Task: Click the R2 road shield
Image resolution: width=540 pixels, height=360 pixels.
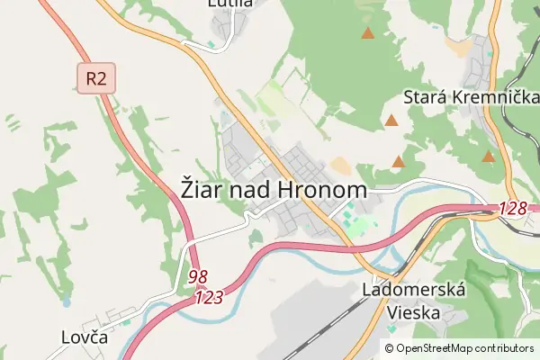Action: [96, 78]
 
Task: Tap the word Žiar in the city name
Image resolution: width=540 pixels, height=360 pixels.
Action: [202, 191]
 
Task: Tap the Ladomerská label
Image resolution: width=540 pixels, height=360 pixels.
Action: [413, 290]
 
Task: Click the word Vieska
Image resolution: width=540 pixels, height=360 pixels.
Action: [413, 312]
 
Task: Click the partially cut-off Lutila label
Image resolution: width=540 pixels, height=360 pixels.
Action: [229, 4]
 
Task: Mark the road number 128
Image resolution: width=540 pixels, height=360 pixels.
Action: [513, 209]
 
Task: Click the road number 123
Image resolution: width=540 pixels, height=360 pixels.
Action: [208, 295]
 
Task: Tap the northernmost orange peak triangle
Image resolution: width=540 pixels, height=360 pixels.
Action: [367, 33]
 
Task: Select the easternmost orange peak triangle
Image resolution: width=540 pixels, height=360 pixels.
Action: [488, 156]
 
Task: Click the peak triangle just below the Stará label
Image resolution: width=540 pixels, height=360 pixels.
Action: [391, 120]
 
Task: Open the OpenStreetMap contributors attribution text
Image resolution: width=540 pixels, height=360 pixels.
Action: [465, 348]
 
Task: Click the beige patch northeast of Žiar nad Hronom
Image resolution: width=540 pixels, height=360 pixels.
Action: [340, 166]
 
